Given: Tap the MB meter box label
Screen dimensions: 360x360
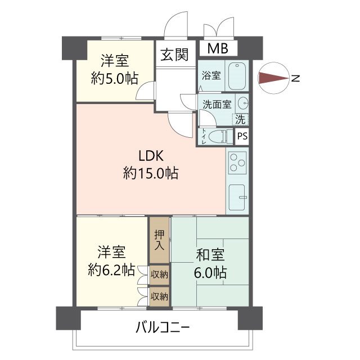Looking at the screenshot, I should [x=218, y=48].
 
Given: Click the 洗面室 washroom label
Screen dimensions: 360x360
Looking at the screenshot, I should [x=217, y=104].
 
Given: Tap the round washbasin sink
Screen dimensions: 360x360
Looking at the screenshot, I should [x=243, y=104].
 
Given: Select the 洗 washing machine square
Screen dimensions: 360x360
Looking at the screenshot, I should [x=240, y=119].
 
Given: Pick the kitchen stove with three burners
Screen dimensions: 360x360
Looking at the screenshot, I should [x=238, y=164].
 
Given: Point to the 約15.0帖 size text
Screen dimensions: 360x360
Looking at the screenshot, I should [x=151, y=174].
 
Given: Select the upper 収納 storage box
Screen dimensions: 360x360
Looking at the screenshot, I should [x=159, y=274].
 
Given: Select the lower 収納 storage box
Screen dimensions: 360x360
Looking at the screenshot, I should [x=159, y=295].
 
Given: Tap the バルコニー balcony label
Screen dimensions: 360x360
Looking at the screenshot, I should [x=162, y=327].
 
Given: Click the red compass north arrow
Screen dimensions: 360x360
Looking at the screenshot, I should [x=273, y=79].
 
